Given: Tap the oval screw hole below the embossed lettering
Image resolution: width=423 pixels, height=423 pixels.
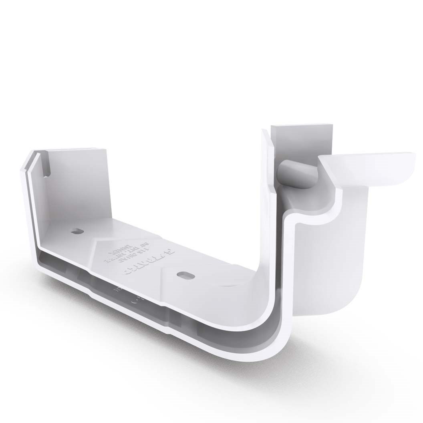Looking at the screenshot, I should [x=185, y=275].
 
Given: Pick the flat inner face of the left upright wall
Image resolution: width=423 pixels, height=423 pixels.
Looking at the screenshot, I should [x=76, y=184].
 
